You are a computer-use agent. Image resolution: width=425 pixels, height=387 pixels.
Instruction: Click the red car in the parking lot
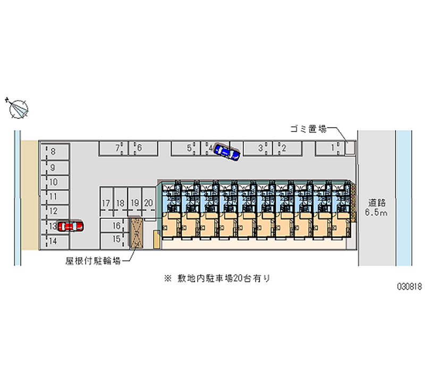point(70,226)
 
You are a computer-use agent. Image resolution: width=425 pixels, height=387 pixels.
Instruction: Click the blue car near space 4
point(227,153)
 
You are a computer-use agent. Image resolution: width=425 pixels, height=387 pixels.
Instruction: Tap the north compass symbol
point(19,108)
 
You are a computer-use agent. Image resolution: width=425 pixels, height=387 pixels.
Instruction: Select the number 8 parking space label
point(53,152)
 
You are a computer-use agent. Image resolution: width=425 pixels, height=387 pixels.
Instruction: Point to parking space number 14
point(53,241)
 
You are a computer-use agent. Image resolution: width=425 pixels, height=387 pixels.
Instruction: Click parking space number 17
point(106,203)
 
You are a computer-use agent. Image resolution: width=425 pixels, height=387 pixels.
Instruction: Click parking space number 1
point(333,147)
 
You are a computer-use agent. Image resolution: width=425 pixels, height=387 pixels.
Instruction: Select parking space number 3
point(261,148)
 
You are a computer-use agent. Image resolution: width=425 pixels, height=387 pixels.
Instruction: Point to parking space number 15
point(117,238)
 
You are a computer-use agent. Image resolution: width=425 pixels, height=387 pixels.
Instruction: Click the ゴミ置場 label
point(305,128)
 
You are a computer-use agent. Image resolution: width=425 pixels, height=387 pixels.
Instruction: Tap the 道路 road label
point(376,203)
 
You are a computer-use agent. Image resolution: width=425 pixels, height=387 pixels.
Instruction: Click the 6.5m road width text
point(376,213)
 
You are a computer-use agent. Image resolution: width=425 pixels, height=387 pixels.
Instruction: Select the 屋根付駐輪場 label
point(92,261)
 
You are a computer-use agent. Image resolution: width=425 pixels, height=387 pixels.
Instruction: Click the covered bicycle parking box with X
point(137,233)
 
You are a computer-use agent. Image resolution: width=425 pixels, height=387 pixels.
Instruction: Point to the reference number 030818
point(409,286)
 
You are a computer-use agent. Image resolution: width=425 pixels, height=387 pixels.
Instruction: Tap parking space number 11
point(53,196)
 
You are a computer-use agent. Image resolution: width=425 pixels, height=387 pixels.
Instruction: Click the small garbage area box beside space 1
point(349,147)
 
